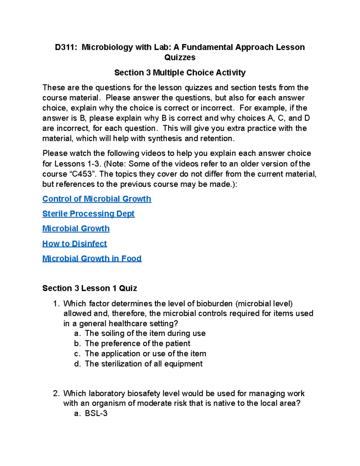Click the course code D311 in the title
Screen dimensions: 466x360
(65, 47)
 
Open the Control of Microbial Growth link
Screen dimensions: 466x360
(97, 199)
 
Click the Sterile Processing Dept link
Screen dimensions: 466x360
(88, 214)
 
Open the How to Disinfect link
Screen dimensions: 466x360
(74, 244)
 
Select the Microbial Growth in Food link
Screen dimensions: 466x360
(92, 259)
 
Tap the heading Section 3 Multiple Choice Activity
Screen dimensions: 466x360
(180, 73)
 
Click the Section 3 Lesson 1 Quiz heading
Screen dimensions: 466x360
(89, 288)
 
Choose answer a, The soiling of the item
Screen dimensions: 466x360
(145, 333)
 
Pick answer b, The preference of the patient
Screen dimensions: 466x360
(137, 344)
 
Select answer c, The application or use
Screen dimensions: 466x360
(145, 354)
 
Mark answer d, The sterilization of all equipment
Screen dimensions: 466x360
(143, 364)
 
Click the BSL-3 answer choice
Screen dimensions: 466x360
(96, 413)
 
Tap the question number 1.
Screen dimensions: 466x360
(56, 304)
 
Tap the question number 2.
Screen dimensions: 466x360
(56, 393)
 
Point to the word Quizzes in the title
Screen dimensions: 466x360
(180, 57)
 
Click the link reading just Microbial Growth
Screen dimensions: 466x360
(76, 229)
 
